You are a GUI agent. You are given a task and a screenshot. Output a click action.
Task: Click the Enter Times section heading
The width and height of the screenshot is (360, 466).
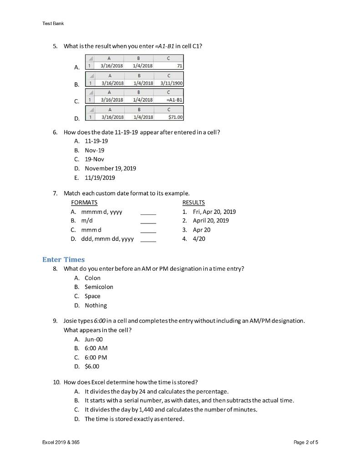click(63, 259)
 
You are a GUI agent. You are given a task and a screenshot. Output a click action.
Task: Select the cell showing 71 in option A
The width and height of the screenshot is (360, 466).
click(168, 66)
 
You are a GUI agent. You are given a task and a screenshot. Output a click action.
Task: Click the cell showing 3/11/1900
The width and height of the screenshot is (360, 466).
click(168, 83)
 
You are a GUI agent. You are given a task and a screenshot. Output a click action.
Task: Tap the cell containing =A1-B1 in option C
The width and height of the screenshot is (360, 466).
click(168, 100)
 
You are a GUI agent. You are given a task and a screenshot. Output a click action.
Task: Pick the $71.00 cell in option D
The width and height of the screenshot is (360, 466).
click(168, 117)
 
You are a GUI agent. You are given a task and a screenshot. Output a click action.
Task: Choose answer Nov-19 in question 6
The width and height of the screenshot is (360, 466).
click(94, 150)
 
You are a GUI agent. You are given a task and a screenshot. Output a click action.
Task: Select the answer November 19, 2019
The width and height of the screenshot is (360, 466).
click(110, 168)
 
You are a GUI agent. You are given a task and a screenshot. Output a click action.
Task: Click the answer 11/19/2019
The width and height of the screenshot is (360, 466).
click(100, 177)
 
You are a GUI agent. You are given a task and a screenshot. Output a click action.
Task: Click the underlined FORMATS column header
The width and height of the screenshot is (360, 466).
click(84, 203)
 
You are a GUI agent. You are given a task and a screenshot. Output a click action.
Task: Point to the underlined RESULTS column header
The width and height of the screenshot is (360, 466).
click(193, 203)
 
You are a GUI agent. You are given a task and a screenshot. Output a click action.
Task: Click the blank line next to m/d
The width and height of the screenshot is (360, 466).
click(148, 221)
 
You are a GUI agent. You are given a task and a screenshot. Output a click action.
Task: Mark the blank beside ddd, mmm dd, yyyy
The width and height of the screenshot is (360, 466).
click(148, 239)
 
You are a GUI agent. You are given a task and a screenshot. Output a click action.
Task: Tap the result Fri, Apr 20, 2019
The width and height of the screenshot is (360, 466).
click(214, 212)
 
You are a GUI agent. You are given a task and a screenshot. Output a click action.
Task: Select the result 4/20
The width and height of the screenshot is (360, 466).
click(199, 239)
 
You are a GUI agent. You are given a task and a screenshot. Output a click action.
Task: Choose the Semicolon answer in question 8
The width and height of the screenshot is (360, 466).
click(99, 287)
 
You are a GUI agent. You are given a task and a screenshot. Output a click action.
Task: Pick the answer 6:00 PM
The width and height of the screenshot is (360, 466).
click(96, 357)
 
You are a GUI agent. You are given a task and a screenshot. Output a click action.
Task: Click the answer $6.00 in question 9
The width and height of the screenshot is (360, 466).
click(91, 366)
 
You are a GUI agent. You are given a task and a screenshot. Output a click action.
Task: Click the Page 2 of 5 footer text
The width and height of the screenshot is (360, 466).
click(306, 442)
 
